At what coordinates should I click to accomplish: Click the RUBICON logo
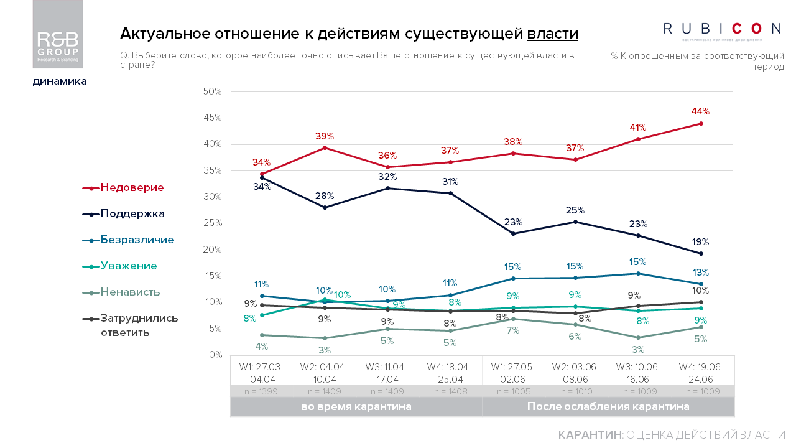(x=722, y=29)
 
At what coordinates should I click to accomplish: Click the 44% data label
(x=701, y=111)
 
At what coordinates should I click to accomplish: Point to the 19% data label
(x=701, y=242)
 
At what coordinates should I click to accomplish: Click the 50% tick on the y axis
(x=213, y=91)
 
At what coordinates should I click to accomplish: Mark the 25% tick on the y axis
(x=213, y=223)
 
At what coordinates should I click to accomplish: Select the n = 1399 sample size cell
(x=262, y=391)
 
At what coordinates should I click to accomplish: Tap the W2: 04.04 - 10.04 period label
(x=325, y=373)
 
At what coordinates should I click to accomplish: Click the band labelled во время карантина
(x=356, y=407)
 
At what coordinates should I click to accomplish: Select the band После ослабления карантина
(x=608, y=407)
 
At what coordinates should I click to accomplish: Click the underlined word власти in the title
(x=552, y=34)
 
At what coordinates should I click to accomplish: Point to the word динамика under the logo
(x=60, y=81)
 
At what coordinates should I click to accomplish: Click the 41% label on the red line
(x=638, y=126)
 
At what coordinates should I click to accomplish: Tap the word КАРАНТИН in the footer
(x=590, y=434)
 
